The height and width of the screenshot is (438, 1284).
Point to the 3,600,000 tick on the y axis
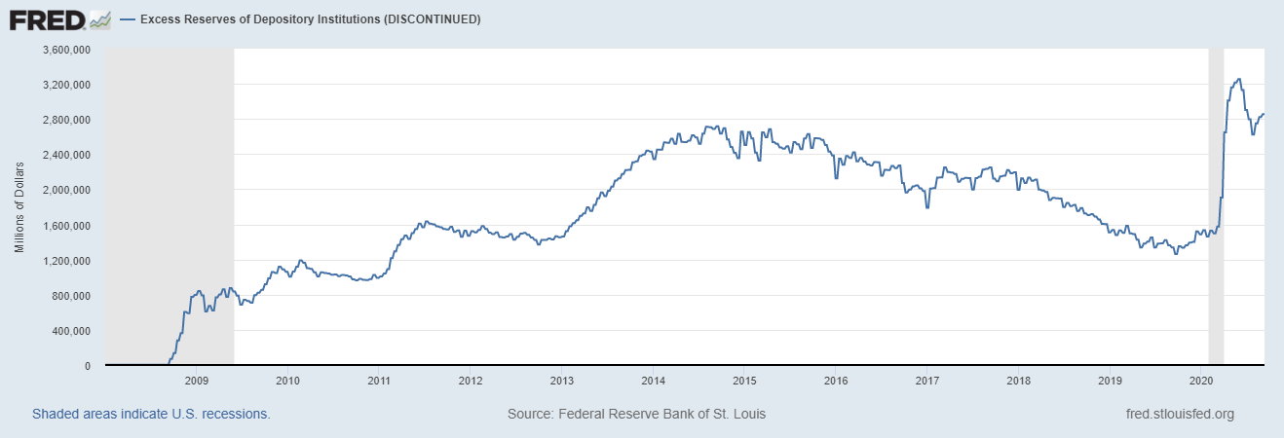(64, 50)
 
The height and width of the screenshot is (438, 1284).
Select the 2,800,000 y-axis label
(64, 120)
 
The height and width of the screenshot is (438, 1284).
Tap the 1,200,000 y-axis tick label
(64, 261)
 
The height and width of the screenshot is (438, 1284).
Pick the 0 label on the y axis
(88, 366)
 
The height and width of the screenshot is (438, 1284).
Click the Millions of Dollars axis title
(19, 207)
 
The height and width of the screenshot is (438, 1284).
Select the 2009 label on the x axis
(196, 381)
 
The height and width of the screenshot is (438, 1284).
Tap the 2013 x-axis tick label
(562, 381)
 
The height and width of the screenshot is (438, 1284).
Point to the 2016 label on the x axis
(836, 381)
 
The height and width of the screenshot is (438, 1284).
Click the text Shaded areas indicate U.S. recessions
(151, 414)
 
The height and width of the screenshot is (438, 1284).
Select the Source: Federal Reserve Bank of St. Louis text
(636, 414)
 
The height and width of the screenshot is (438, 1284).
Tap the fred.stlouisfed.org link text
(1179, 414)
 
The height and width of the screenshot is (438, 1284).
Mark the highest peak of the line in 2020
(1238, 80)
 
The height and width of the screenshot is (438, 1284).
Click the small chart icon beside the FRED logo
(99, 18)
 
